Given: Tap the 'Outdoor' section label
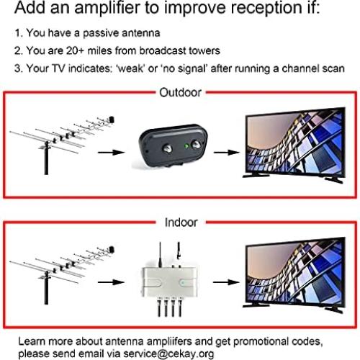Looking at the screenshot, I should click(x=179, y=93).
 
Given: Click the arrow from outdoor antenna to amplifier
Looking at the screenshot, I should click(x=109, y=153).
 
